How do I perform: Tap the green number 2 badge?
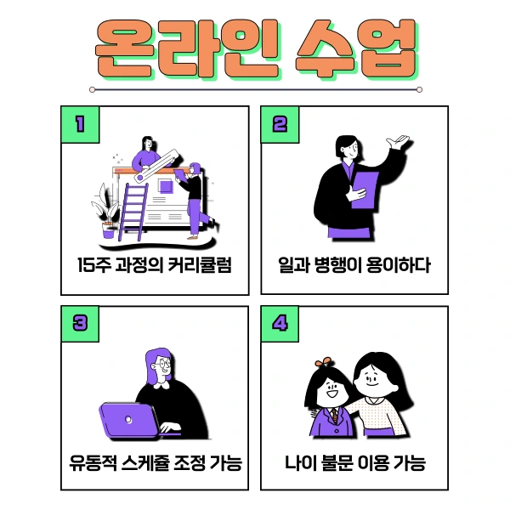click(280, 125)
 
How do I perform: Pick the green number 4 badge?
click(280, 324)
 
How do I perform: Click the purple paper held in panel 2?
click(365, 190)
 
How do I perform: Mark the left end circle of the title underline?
click(92, 88)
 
